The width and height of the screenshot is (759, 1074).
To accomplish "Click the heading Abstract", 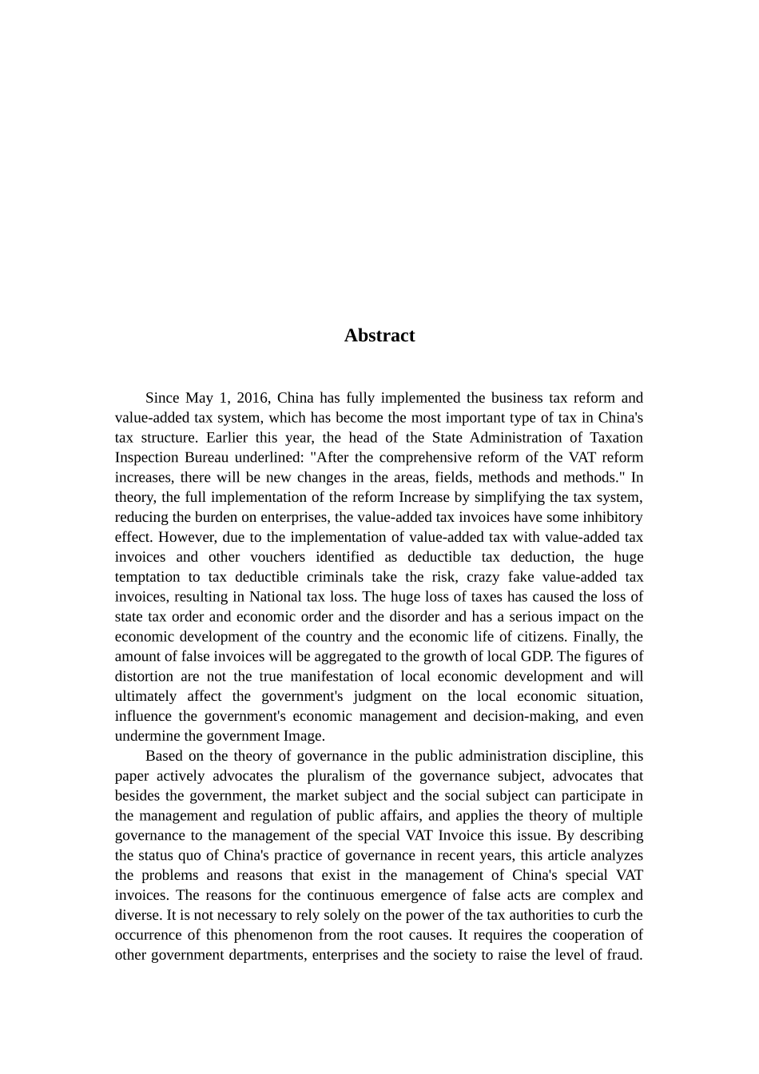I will tap(379, 336).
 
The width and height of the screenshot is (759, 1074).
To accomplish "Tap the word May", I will tap(198, 398).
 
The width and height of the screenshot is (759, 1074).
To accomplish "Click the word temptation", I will tap(147, 577).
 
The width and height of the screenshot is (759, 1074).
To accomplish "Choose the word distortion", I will tap(144, 676).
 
